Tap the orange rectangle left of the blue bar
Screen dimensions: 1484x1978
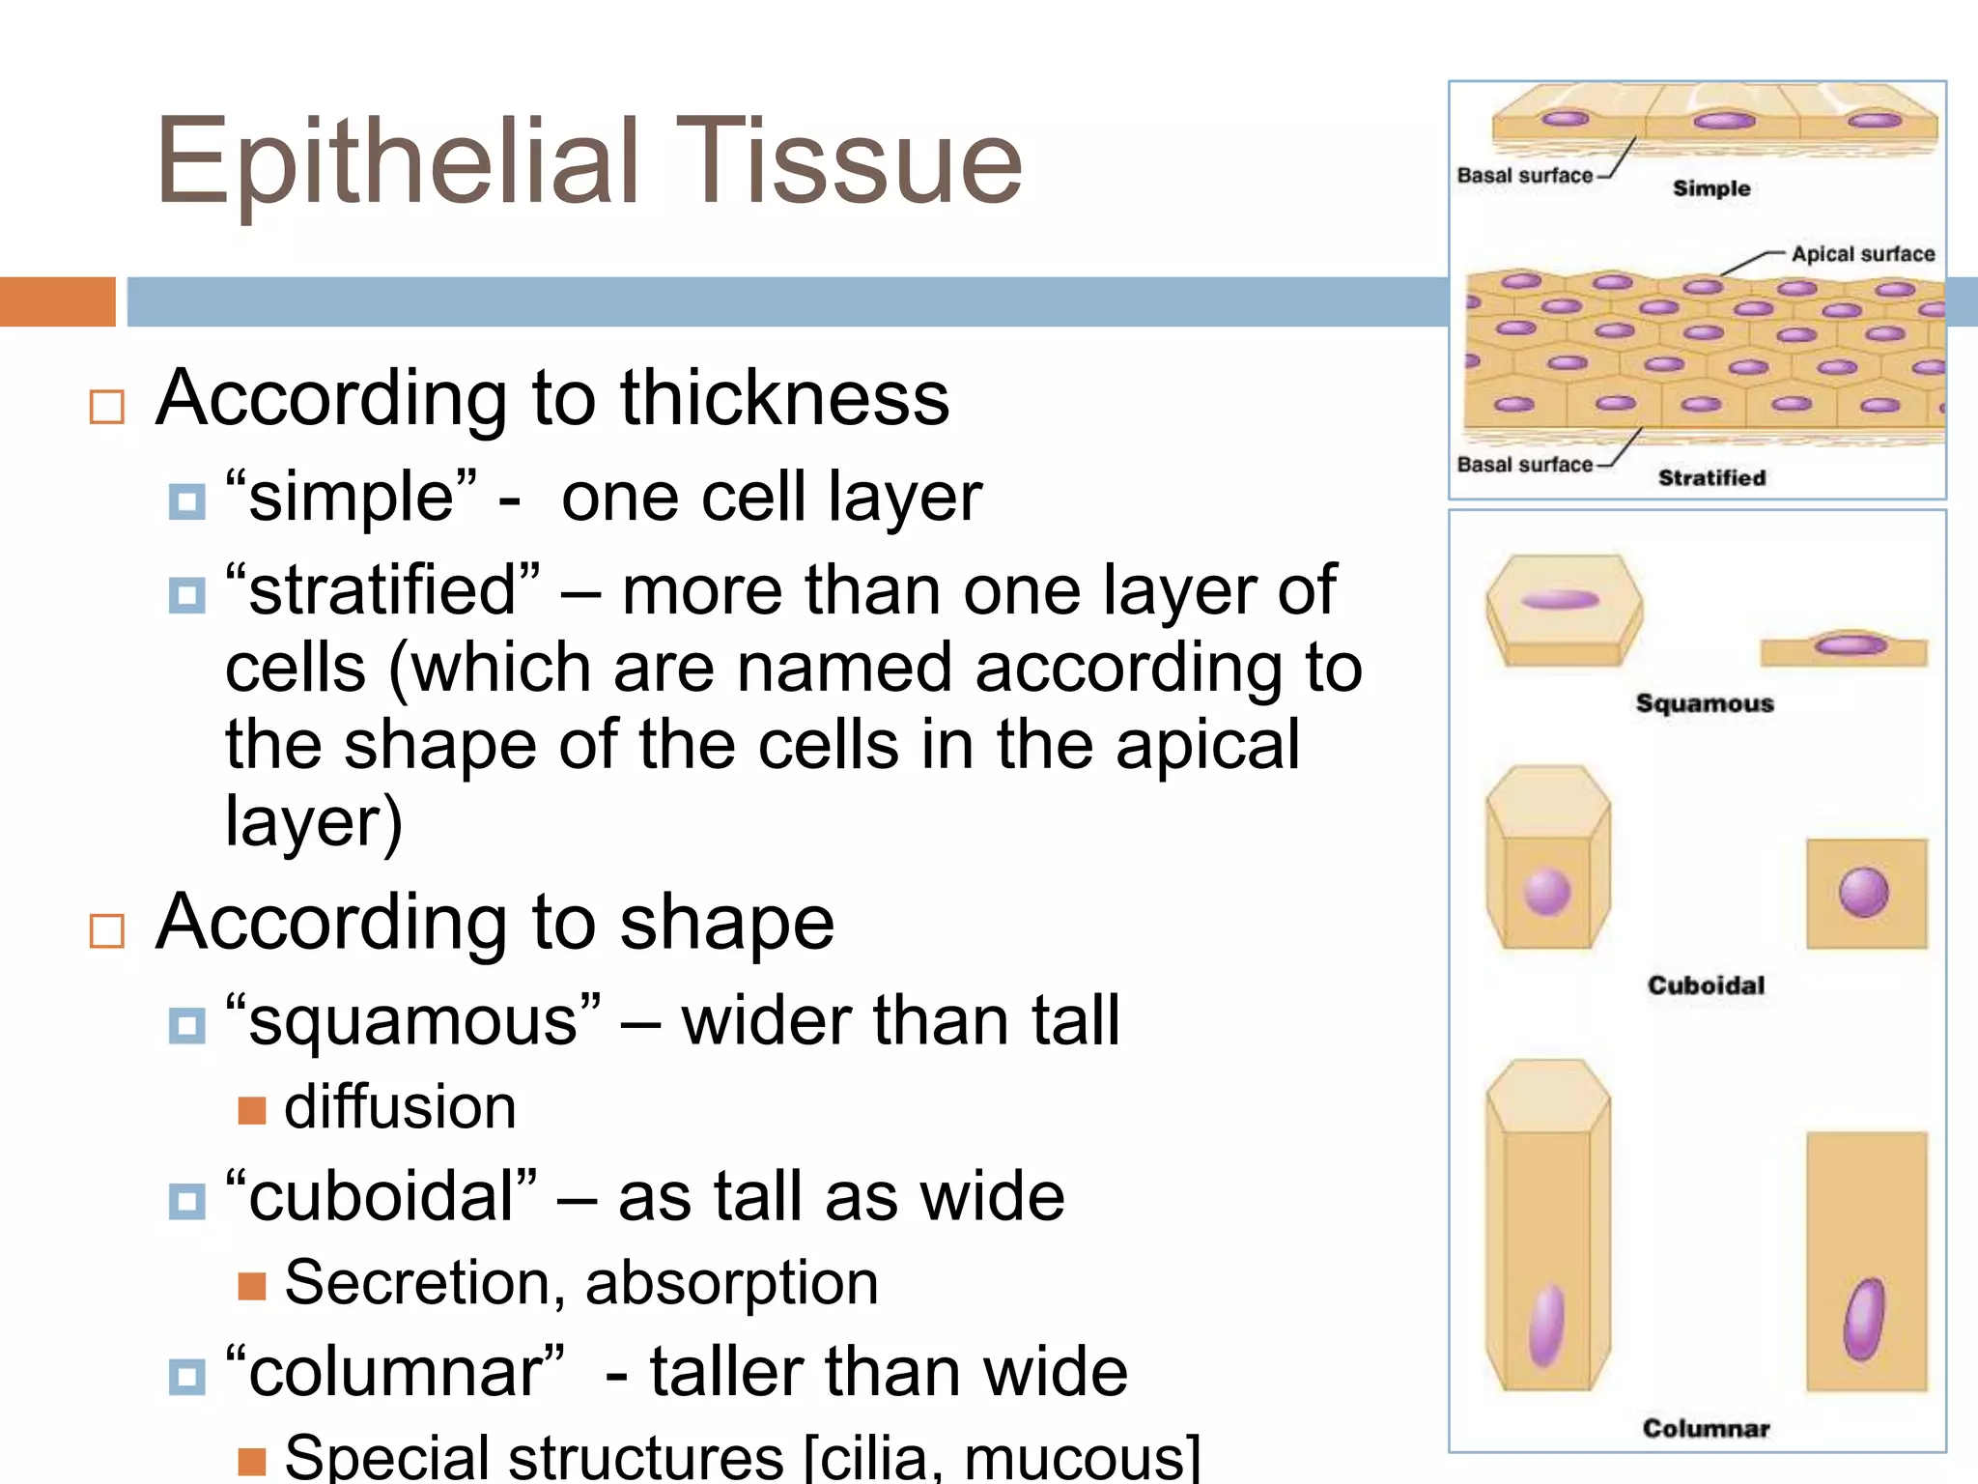(57, 301)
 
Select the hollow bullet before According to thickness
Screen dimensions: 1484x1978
(106, 407)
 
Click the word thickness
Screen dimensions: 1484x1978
(784, 398)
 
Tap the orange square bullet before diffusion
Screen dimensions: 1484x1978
(251, 1110)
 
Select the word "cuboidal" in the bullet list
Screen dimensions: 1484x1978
(381, 1197)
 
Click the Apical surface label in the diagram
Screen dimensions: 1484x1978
(1862, 254)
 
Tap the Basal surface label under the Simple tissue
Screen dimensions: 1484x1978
(1524, 176)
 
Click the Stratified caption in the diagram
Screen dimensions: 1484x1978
(1711, 477)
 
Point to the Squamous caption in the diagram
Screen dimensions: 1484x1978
(1705, 703)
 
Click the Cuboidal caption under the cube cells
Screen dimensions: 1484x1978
(1706, 985)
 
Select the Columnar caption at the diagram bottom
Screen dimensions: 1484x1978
(1706, 1428)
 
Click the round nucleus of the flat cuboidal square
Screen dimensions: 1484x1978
(1863, 892)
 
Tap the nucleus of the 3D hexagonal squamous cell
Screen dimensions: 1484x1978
(1560, 600)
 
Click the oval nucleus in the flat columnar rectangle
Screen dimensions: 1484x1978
(1864, 1319)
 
